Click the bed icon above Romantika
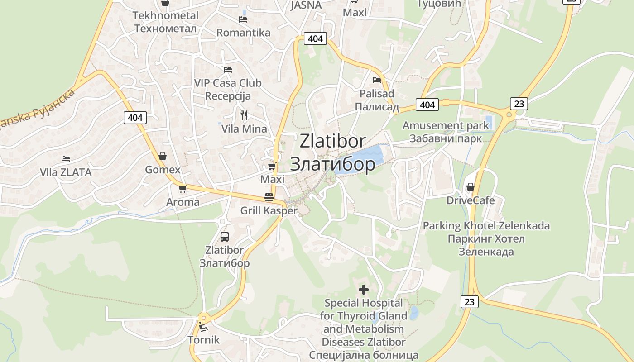pyautogui.click(x=243, y=19)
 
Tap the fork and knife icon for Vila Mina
pyautogui.click(x=244, y=115)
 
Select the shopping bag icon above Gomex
pyautogui.click(x=163, y=156)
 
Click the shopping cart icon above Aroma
pyautogui.click(x=183, y=189)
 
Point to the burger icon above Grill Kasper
pyautogui.click(x=269, y=197)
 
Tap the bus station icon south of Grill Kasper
pyautogui.click(x=225, y=236)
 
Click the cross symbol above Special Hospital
pyautogui.click(x=364, y=289)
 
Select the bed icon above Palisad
pyautogui.click(x=377, y=80)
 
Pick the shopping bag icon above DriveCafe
pyautogui.click(x=471, y=186)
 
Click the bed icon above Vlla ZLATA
pyautogui.click(x=66, y=159)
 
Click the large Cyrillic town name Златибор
pyautogui.click(x=332, y=164)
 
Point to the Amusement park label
pyautogui.click(x=446, y=125)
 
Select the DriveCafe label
pyautogui.click(x=471, y=200)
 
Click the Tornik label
pyautogui.click(x=204, y=340)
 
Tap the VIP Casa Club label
pyautogui.click(x=228, y=83)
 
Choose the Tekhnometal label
pyautogui.click(x=165, y=15)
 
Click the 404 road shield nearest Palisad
pyautogui.click(x=427, y=105)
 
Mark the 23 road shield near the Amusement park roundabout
pyautogui.click(x=519, y=104)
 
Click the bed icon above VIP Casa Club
pyautogui.click(x=228, y=70)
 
